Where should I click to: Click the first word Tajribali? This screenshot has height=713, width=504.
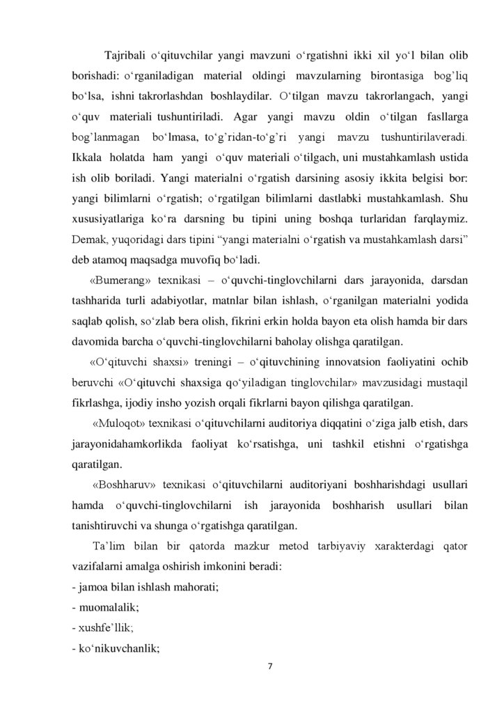coord(125,56)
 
